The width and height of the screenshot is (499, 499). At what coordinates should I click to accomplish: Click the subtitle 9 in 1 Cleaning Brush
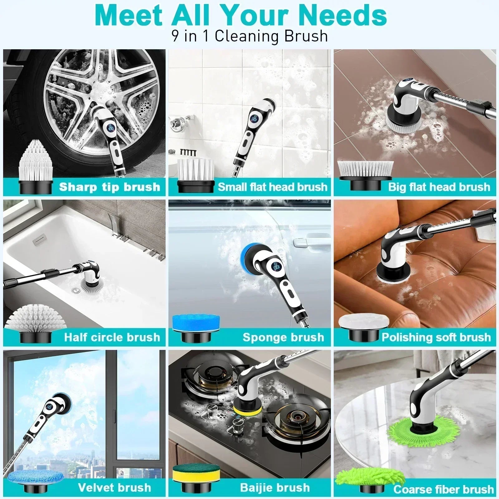(x=249, y=36)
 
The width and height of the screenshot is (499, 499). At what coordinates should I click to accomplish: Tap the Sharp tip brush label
(x=109, y=187)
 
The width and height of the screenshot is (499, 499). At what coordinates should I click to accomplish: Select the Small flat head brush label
(x=272, y=187)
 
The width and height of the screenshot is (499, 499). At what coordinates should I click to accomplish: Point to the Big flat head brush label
(x=439, y=187)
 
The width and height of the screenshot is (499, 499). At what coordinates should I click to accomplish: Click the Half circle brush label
(x=112, y=337)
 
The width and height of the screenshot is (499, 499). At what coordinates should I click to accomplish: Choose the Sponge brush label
(x=283, y=337)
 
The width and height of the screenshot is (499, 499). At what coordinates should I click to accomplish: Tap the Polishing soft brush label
(x=436, y=337)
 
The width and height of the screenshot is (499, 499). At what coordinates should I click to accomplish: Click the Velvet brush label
(x=114, y=487)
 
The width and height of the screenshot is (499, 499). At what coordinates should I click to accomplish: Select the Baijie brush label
(x=275, y=487)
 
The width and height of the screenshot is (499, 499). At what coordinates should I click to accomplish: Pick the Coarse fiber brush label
(x=443, y=489)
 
